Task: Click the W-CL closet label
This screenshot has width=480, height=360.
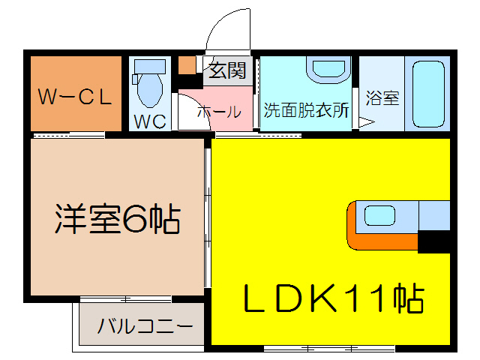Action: [x=75, y=96]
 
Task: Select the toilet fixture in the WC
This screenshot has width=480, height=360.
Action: [x=148, y=84]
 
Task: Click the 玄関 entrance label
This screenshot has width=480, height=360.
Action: [x=226, y=71]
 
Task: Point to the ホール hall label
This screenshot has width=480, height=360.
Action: [x=219, y=112]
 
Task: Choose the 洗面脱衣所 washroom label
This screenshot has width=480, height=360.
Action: [x=306, y=109]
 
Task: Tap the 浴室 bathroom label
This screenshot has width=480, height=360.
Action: [x=382, y=98]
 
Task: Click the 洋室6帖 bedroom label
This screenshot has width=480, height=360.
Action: [x=117, y=219]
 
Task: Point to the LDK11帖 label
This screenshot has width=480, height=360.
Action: [x=333, y=298]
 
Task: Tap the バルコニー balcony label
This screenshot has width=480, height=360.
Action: [x=145, y=326]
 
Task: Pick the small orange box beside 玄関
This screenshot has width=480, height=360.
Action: [x=186, y=65]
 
